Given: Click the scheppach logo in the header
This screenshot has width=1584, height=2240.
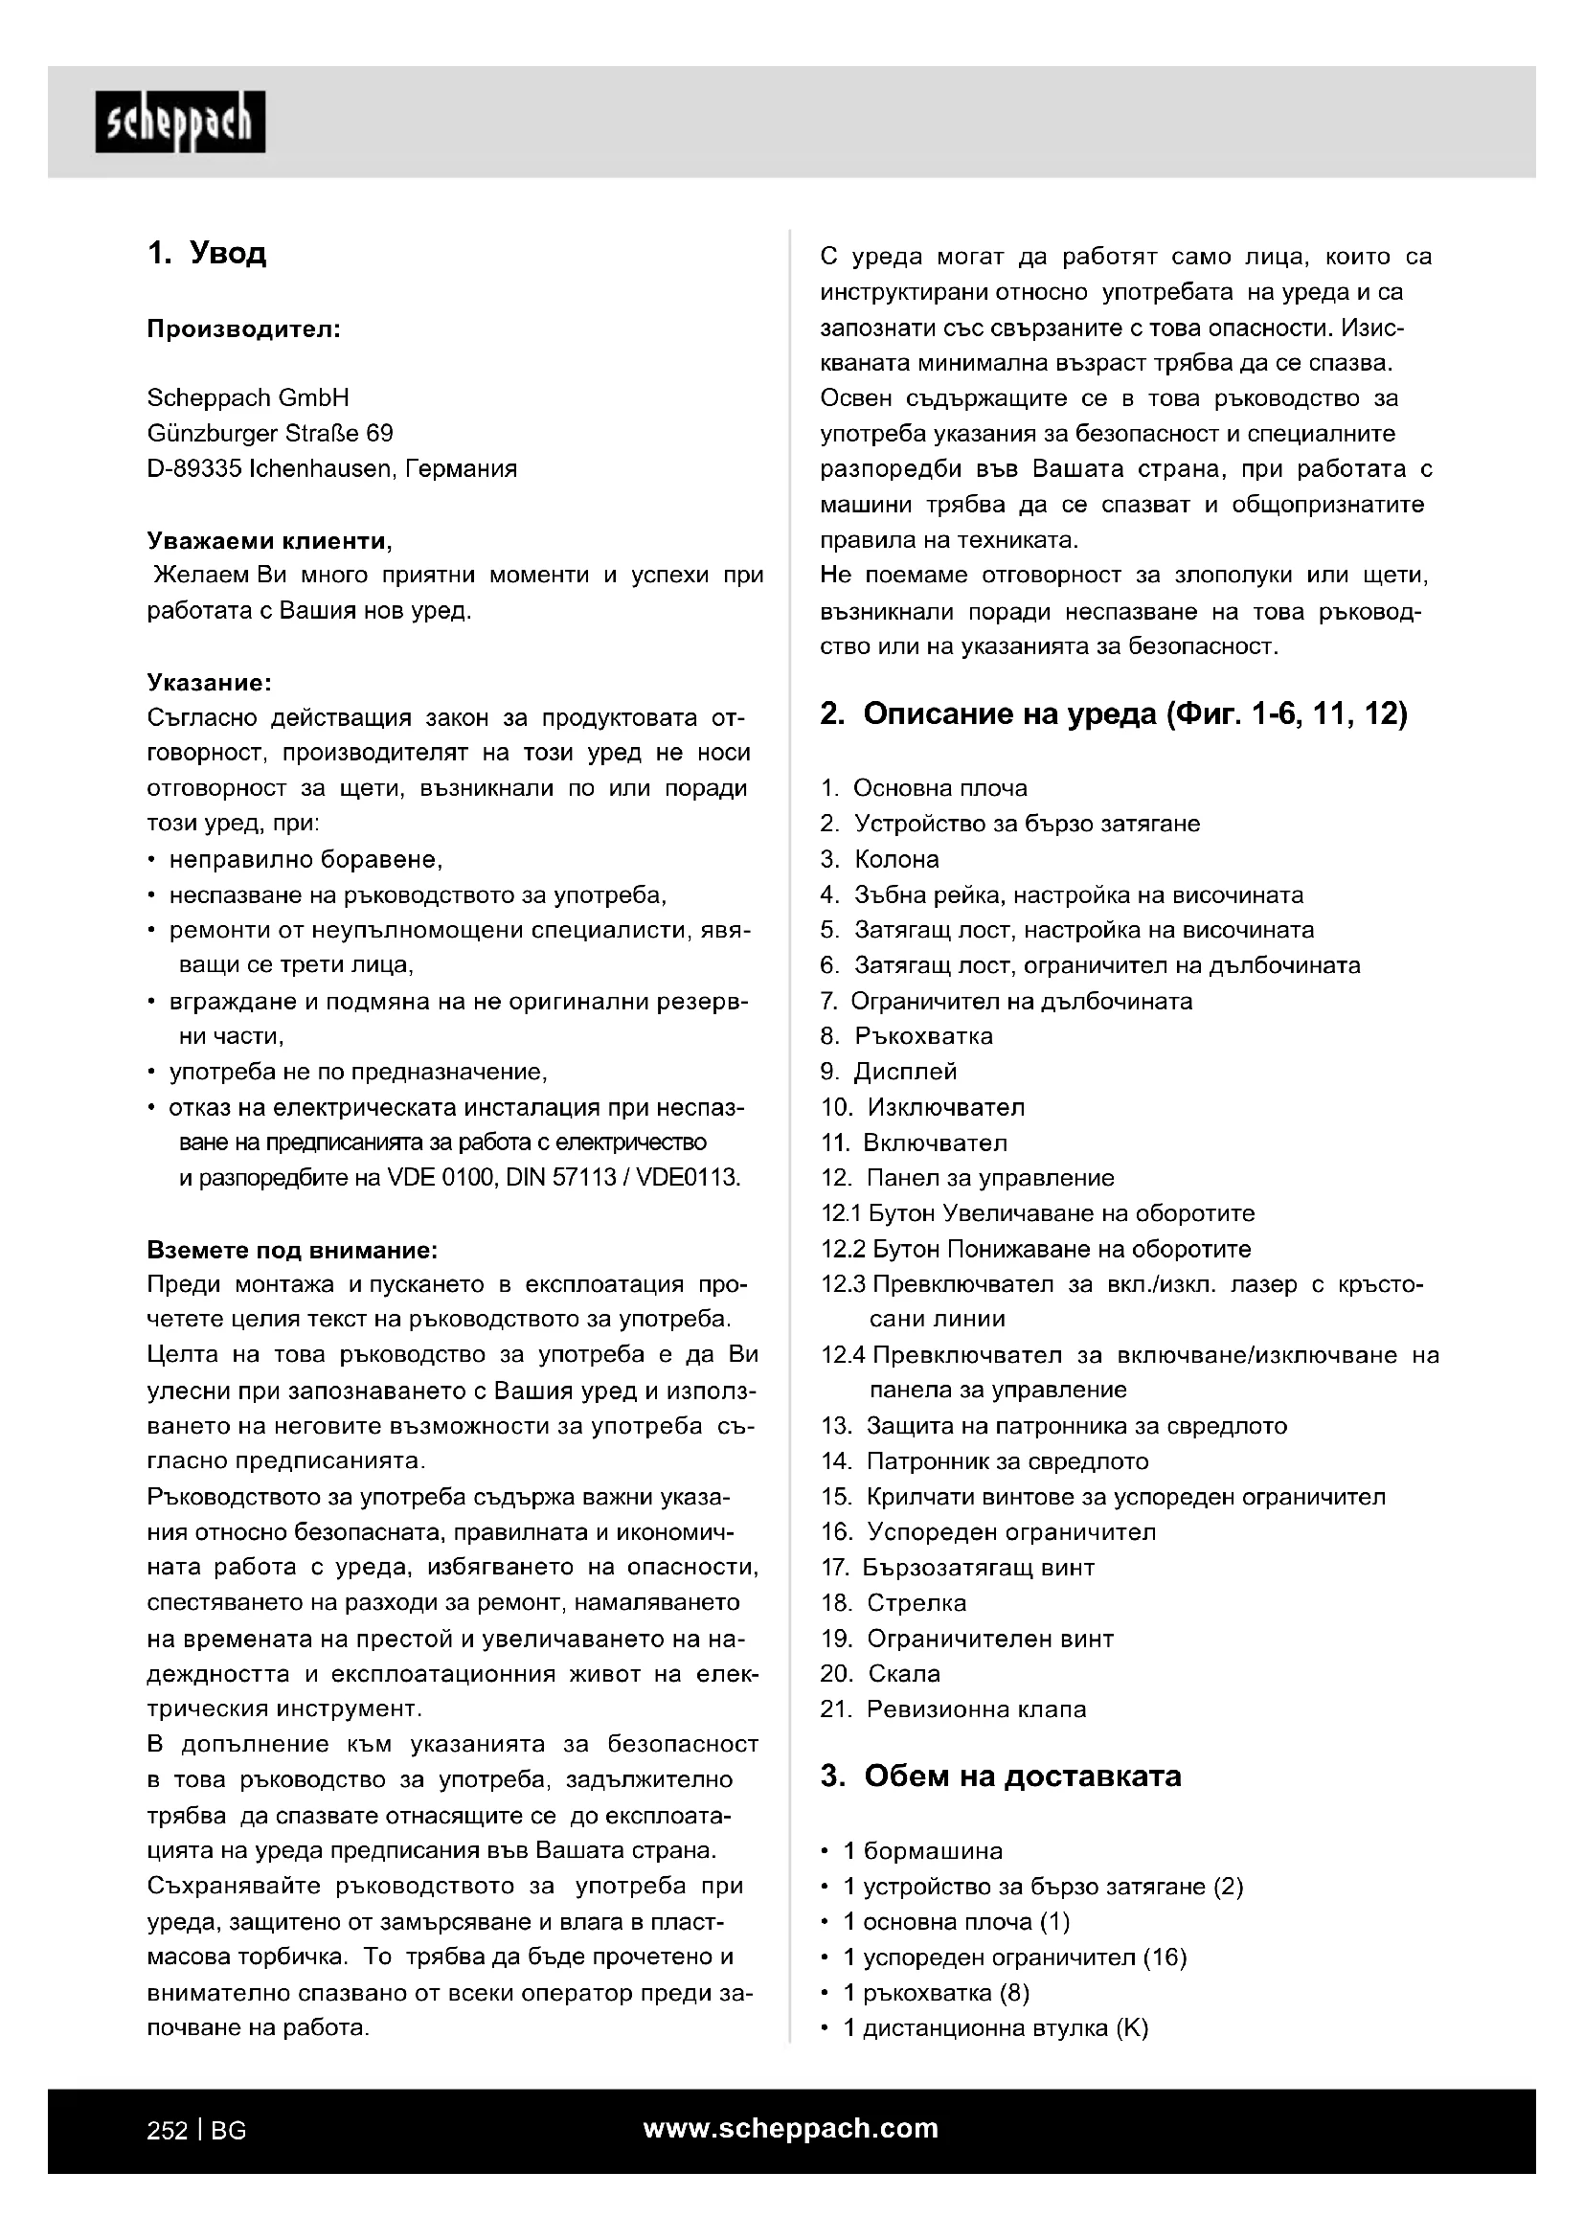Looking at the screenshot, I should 179,122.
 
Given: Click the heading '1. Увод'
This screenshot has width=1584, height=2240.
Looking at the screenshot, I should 207,255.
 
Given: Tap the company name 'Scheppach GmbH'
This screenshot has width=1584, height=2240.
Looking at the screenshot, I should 248,398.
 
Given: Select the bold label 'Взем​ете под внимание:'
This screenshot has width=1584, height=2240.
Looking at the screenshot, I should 292,1250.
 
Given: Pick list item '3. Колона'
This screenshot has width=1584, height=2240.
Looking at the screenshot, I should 881,859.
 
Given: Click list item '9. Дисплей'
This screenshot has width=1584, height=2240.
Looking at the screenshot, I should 890,1073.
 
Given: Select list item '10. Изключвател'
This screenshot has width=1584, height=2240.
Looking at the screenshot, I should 922,1108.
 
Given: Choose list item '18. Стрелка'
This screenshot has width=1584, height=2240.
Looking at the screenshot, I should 894,1603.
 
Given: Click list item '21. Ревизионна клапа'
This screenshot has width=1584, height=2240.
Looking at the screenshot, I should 953,1709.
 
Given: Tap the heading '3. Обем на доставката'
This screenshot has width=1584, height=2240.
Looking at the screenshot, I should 1001,1776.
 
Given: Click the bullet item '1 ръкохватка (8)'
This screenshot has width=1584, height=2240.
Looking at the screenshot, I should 936,1993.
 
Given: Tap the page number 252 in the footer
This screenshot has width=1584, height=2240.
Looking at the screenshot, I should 167,2131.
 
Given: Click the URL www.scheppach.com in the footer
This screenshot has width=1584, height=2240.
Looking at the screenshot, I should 790,2129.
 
